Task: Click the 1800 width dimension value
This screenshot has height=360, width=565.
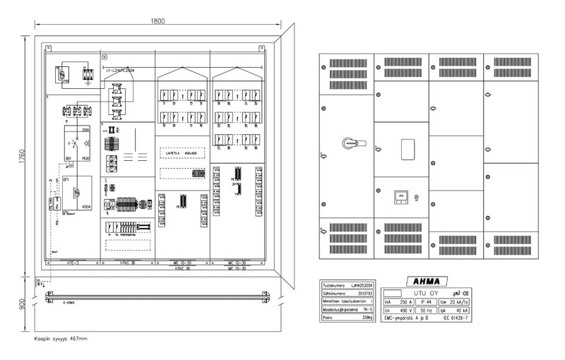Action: pos(157,20)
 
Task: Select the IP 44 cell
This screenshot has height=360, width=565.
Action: pos(426,301)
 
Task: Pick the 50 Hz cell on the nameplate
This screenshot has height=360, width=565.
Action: pos(426,310)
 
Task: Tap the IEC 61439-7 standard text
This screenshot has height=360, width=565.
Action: pos(455,318)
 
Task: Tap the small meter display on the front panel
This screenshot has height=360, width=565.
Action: pos(400,196)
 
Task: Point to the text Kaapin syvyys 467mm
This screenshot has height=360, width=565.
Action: pos(61,339)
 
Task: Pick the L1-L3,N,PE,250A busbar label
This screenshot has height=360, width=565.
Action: pos(121,71)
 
